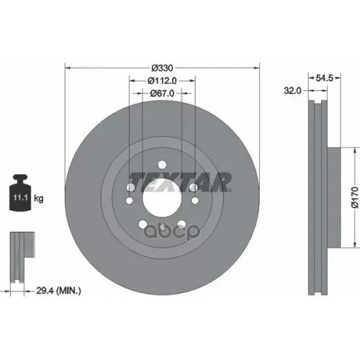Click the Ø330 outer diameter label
click(x=162, y=68)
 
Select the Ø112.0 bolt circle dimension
click(x=162, y=81)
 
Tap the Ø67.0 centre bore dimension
click(x=162, y=93)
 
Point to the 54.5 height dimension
click(x=325, y=78)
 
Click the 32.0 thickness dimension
click(x=292, y=91)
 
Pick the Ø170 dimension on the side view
click(x=355, y=197)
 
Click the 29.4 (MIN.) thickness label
click(x=58, y=291)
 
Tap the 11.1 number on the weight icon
click(x=20, y=198)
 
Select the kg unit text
click(x=39, y=199)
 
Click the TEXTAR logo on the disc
click(x=181, y=182)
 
